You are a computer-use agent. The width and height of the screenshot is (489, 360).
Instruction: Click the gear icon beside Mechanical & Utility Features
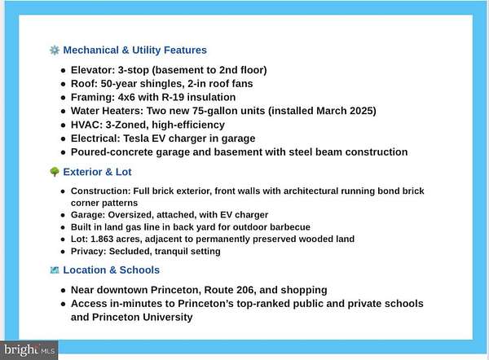click(x=55, y=50)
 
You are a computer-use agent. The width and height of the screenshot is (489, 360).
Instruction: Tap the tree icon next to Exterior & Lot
click(x=55, y=173)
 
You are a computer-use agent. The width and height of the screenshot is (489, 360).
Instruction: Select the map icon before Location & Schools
click(x=55, y=270)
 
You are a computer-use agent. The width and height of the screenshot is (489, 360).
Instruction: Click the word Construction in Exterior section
click(x=101, y=191)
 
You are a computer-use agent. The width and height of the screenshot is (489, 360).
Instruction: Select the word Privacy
click(x=88, y=252)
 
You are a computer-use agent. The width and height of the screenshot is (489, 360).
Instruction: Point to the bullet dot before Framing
click(x=63, y=98)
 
